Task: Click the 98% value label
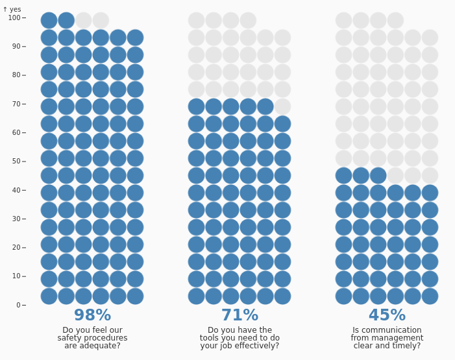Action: [93, 315]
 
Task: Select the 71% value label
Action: [240, 315]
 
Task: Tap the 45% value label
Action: [387, 315]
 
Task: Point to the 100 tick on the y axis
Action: [24, 18]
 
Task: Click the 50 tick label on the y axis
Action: [16, 162]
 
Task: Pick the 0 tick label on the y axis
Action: [18, 305]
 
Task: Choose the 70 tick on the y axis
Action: [24, 104]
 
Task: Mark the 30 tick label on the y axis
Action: [16, 219]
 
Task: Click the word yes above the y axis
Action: [16, 10]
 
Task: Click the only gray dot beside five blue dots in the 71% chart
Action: [282, 107]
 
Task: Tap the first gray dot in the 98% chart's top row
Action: [84, 21]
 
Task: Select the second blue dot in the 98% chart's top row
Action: [66, 21]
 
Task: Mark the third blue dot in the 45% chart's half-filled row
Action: [378, 176]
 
